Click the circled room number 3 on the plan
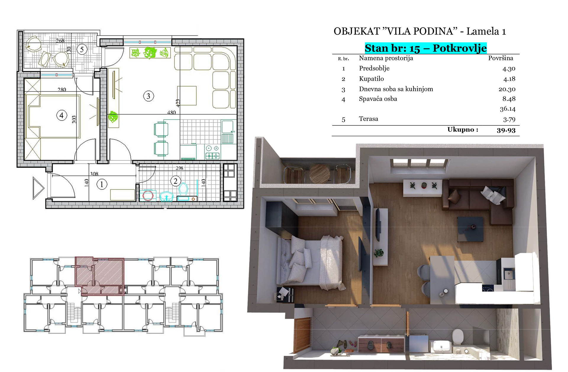pyautogui.click(x=149, y=96)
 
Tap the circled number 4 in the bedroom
pyautogui.click(x=62, y=115)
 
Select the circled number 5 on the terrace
pyautogui.click(x=82, y=49)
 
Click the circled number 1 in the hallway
pyautogui.click(x=102, y=184)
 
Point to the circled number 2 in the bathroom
pyautogui.click(x=175, y=181)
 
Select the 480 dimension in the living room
pyautogui.click(x=171, y=112)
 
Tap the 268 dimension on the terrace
pyautogui.click(x=60, y=41)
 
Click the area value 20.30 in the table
pyautogui.click(x=507, y=89)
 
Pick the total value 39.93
pyautogui.click(x=506, y=130)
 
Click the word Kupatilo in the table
pyautogui.click(x=371, y=79)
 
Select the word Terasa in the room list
pyautogui.click(x=368, y=119)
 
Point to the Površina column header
pyautogui.click(x=501, y=58)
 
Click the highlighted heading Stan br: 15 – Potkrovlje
pyautogui.click(x=426, y=48)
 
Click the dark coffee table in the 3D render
pyautogui.click(x=470, y=229)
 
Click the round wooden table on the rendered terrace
pyautogui.click(x=319, y=174)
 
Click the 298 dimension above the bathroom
pyautogui.click(x=180, y=168)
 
